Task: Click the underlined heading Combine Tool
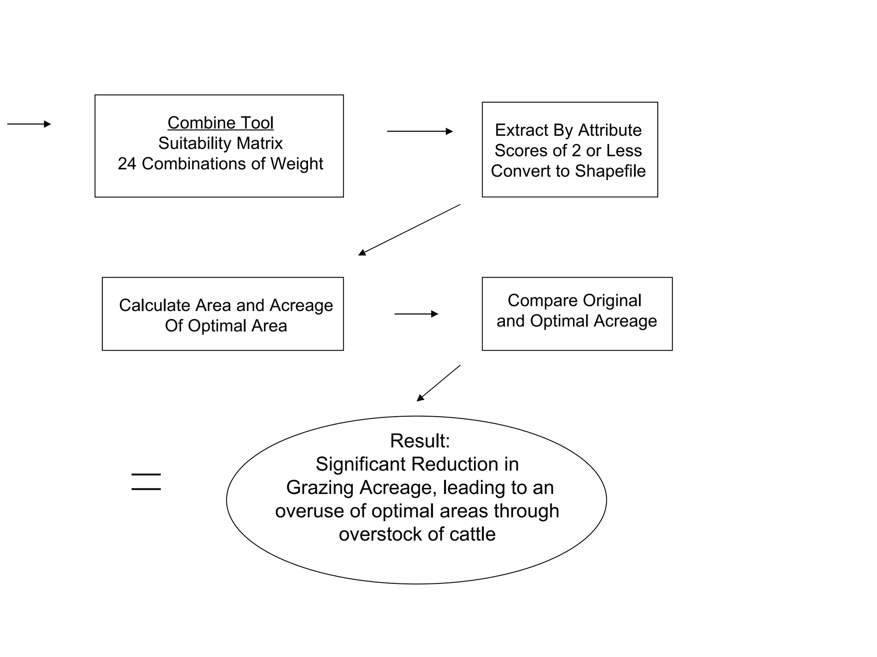click(220, 123)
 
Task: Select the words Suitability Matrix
click(220, 143)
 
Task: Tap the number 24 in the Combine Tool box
click(127, 164)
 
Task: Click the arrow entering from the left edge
click(29, 124)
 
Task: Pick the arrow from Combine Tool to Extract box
click(420, 131)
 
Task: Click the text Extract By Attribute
click(568, 130)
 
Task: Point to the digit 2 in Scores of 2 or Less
click(576, 151)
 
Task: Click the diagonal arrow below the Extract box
click(409, 230)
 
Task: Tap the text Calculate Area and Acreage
click(226, 305)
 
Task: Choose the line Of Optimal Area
click(226, 326)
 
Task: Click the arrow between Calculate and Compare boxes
click(416, 314)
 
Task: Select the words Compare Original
click(574, 300)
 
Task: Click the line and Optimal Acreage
click(576, 321)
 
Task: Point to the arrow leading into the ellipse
click(438, 383)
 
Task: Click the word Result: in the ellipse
click(420, 441)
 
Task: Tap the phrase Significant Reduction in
click(417, 464)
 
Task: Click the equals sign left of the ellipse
click(146, 482)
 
